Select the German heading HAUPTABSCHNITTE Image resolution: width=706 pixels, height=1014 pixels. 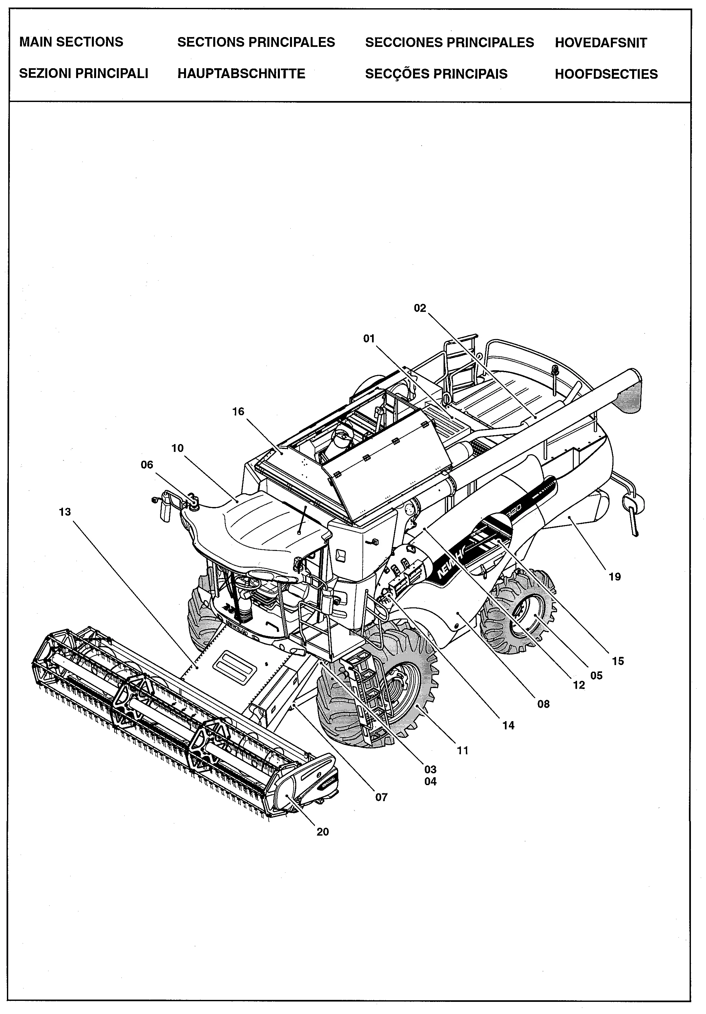(241, 73)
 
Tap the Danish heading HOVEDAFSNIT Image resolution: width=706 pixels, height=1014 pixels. (600, 43)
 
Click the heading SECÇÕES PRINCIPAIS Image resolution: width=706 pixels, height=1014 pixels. (436, 74)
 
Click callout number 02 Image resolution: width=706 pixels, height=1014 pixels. (420, 308)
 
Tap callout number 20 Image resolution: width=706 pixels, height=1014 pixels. (322, 832)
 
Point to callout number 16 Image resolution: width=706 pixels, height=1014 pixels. (238, 411)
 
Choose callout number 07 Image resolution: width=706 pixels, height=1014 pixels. (381, 797)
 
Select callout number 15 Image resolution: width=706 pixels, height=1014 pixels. (618, 661)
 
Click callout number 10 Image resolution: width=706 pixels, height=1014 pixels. (177, 448)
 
